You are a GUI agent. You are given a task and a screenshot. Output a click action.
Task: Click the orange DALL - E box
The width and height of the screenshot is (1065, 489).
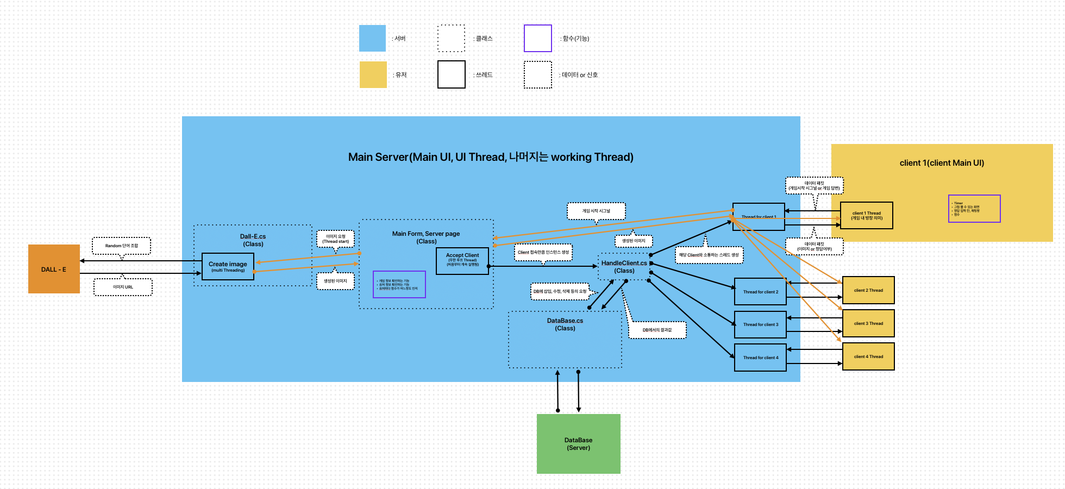click(x=54, y=269)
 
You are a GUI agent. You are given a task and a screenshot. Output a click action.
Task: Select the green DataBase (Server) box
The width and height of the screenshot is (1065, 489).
click(x=578, y=444)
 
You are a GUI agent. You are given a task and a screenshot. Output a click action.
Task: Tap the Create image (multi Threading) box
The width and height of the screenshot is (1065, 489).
click(x=228, y=266)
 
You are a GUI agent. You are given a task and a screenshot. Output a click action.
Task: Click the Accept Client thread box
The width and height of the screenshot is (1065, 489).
click(x=462, y=261)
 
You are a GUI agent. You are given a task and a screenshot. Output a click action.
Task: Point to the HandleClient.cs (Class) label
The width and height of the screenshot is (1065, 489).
click(x=624, y=266)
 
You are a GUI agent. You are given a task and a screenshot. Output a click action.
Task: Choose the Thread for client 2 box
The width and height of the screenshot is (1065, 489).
click(x=760, y=292)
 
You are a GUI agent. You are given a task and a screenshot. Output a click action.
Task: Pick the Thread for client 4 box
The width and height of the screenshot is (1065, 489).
click(x=760, y=358)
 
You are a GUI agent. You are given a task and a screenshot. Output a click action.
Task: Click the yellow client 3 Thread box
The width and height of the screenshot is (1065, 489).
click(x=868, y=323)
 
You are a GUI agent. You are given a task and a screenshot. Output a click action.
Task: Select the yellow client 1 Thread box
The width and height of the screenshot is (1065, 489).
click(x=866, y=215)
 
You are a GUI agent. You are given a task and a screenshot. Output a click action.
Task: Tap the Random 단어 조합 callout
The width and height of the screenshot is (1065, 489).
click(x=121, y=246)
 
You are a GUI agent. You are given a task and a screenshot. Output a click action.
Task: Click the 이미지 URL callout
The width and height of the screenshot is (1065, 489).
click(x=123, y=287)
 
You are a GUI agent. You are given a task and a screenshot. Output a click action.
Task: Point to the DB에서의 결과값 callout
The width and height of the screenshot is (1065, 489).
click(x=657, y=330)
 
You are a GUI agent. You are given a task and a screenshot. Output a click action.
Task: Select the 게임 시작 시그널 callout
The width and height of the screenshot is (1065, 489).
click(x=596, y=211)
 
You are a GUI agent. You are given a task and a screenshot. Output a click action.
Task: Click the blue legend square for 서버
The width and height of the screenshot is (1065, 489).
click(x=372, y=38)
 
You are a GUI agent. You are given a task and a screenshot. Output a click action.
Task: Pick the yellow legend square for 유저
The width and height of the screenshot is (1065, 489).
click(x=373, y=74)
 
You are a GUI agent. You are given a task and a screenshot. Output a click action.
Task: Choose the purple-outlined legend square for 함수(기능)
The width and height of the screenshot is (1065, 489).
click(x=537, y=38)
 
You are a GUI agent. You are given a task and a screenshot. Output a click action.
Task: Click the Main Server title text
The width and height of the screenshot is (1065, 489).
click(x=491, y=157)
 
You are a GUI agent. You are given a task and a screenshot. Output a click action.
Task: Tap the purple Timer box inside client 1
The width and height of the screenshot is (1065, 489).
click(x=974, y=209)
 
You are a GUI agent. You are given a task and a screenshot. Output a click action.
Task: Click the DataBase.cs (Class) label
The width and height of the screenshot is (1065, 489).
click(x=565, y=324)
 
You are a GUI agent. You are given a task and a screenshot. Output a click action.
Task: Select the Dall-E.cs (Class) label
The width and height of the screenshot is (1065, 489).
click(x=253, y=240)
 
